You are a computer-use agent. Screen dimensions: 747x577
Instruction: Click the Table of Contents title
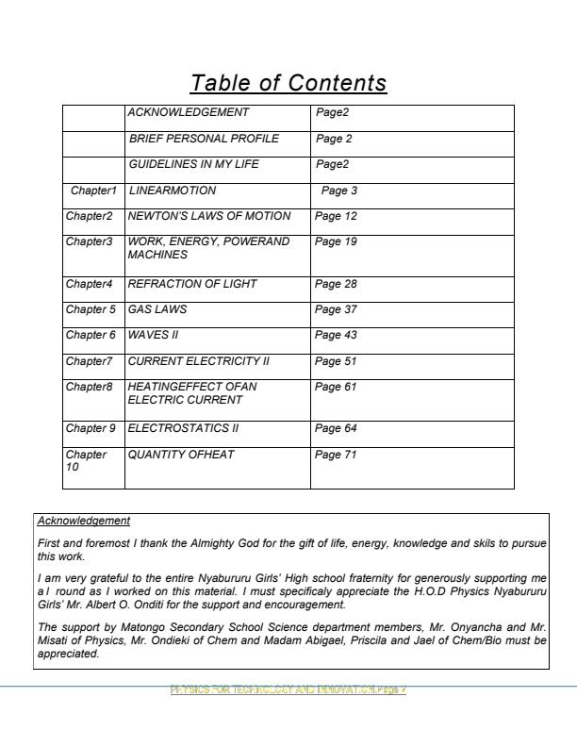[288, 83]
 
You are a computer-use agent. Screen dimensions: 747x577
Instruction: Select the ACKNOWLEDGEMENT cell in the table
[189, 113]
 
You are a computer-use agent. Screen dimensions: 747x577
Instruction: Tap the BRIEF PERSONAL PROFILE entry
[204, 139]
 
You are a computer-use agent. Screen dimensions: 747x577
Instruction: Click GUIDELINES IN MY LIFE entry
[193, 164]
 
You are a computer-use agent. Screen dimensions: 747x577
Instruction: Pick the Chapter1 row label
[94, 191]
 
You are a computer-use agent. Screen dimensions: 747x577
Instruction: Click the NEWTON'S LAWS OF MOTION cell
[209, 216]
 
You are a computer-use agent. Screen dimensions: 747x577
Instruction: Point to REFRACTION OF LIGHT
[192, 284]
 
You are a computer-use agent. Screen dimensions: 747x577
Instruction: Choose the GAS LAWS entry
[157, 309]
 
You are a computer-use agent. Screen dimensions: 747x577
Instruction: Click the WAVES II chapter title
[153, 335]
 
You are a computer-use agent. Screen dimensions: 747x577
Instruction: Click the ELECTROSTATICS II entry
[183, 428]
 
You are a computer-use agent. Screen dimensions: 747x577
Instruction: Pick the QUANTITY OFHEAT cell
[181, 455]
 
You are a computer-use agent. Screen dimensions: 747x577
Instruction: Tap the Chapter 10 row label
[86, 460]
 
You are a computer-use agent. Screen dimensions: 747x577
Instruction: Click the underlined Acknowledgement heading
[84, 521]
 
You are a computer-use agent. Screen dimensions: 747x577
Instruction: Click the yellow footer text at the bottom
[288, 690]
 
